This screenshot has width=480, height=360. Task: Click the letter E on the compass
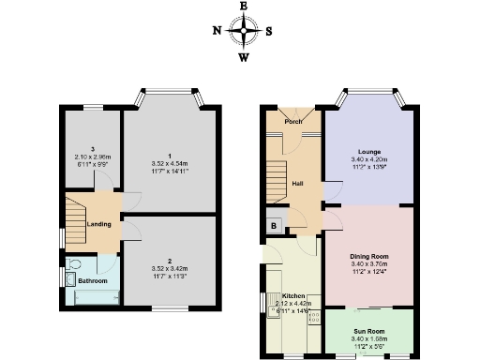pos(244,6)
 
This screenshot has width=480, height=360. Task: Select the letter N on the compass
pos(217,30)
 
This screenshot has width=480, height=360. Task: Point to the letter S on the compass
pos(269,30)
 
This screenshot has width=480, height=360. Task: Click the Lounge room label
pos(367,150)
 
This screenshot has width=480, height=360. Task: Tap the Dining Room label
pos(367,256)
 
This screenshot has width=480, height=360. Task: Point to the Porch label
pos(293,121)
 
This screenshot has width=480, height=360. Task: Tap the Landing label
pos(100,224)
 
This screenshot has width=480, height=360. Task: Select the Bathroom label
pos(93,281)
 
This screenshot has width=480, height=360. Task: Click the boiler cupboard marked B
pos(274,225)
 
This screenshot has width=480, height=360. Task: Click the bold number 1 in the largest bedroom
pos(171,155)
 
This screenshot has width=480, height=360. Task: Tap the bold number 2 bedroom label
pos(171,260)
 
